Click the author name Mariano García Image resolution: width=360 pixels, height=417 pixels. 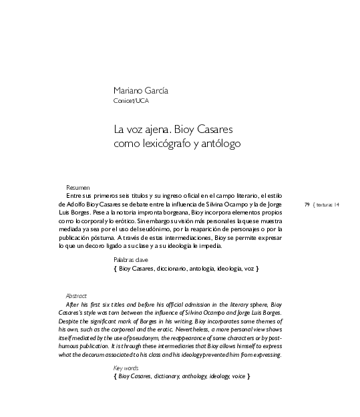141,92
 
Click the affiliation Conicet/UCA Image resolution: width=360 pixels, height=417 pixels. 132,102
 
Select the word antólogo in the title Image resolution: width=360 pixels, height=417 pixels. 218,143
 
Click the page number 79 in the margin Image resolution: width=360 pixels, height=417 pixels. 307,204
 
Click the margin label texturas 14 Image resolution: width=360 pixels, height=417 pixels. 327,204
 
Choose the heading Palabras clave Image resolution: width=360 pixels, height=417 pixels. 131,259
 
